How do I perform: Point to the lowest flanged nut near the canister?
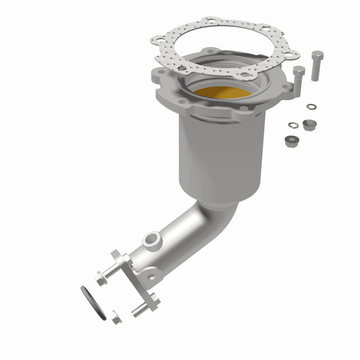pos(290,141)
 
